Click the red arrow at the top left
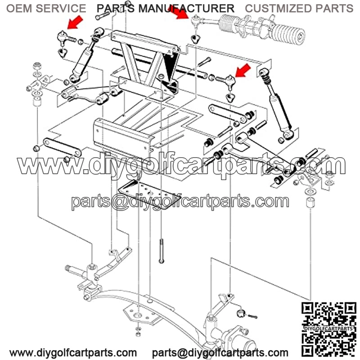click(x=75, y=22)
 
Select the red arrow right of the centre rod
click(x=243, y=71)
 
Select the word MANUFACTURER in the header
click(x=186, y=9)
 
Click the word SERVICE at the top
click(x=61, y=9)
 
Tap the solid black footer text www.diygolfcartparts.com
click(x=73, y=352)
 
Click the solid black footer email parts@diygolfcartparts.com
click(x=220, y=352)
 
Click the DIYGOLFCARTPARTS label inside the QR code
click(x=328, y=328)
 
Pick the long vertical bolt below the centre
click(x=162, y=251)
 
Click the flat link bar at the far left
click(x=62, y=147)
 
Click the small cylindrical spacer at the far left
click(x=37, y=101)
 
